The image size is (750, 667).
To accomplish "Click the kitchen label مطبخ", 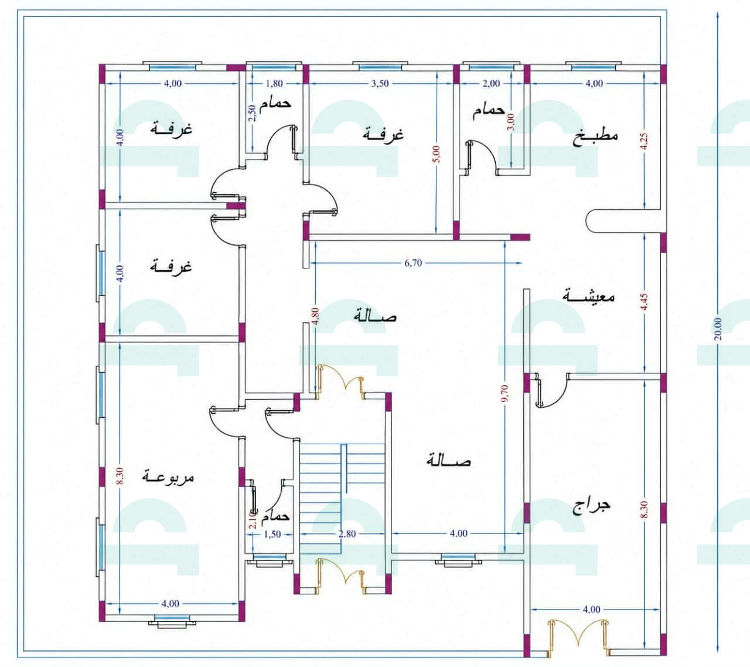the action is [595, 137].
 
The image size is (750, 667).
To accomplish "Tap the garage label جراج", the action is [592, 506].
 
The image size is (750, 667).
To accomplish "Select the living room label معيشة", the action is [588, 296].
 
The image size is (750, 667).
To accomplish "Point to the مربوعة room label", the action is [168, 477].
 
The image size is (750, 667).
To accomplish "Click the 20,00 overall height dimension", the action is [718, 329].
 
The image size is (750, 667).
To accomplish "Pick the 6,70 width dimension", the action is [413, 263].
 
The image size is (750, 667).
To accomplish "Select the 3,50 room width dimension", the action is [380, 83].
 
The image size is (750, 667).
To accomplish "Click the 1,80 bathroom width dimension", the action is [274, 83].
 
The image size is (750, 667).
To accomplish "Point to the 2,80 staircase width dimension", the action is [347, 534].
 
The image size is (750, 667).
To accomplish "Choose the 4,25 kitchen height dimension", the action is [644, 141].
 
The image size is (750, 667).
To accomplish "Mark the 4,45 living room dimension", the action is [644, 302].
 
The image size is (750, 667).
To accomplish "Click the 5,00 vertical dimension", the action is [437, 154].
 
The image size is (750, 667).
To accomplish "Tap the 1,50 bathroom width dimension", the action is [272, 534].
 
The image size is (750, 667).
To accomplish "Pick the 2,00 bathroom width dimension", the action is [491, 83].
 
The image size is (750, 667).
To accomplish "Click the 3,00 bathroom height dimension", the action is [511, 121].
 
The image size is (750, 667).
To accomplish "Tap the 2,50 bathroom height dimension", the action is [252, 113].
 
